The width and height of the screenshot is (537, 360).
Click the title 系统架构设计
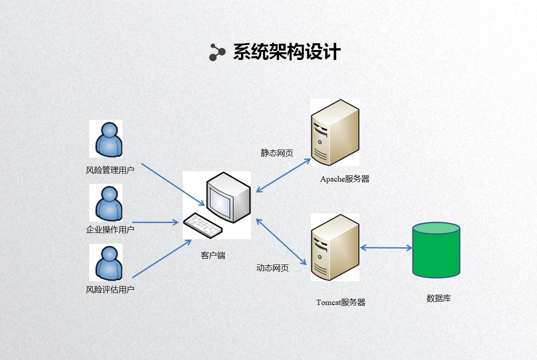pyautogui.click(x=287, y=52)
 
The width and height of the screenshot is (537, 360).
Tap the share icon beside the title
pyautogui.click(x=217, y=52)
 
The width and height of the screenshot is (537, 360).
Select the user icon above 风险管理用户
pyautogui.click(x=108, y=139)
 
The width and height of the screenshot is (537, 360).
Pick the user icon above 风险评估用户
pyautogui.click(x=108, y=263)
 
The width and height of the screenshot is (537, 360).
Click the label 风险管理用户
pyautogui.click(x=110, y=170)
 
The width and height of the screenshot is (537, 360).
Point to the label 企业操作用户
pyautogui.click(x=110, y=230)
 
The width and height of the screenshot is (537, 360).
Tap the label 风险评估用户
pyautogui.click(x=110, y=290)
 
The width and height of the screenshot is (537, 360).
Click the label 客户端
pyautogui.click(x=213, y=255)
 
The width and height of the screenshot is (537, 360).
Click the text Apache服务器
pyautogui.click(x=345, y=179)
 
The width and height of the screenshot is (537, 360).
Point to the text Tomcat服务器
pyautogui.click(x=341, y=302)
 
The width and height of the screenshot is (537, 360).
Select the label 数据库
pyautogui.click(x=438, y=298)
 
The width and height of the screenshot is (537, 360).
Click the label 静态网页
pyautogui.click(x=277, y=153)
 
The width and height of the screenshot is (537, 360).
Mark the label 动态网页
pyautogui.click(x=273, y=268)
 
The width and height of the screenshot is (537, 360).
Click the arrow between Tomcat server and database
pyautogui.click(x=386, y=247)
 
